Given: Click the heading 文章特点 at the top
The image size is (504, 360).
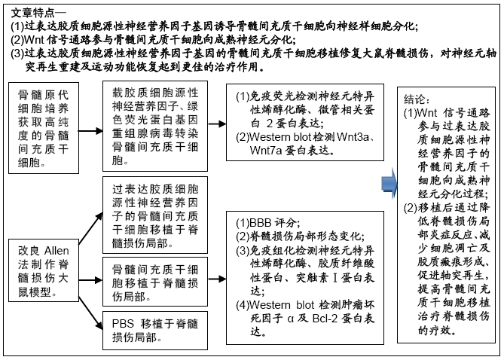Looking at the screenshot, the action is click(x=34, y=13).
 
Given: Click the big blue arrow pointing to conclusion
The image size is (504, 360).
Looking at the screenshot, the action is click(x=389, y=183).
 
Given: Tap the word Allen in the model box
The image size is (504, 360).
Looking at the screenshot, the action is click(x=57, y=251).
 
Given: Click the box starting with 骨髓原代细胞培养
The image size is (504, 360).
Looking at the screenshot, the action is click(x=44, y=128).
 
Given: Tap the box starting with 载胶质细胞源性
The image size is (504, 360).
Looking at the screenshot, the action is click(x=155, y=126).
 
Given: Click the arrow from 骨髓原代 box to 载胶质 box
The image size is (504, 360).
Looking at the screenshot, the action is click(x=90, y=131).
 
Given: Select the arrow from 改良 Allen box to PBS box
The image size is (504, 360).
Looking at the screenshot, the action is click(x=90, y=313).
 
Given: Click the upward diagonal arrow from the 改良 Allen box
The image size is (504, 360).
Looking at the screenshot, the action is click(x=90, y=228).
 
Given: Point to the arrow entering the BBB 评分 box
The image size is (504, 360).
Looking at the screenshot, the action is click(x=217, y=279).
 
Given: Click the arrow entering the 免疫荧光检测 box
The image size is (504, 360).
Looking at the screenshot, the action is click(x=217, y=124).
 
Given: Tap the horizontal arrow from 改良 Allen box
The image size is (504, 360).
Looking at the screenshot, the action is click(x=90, y=280).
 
